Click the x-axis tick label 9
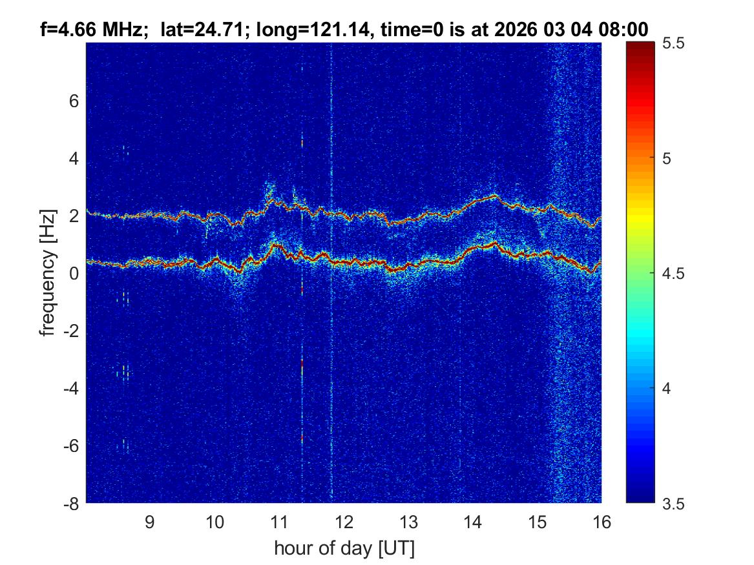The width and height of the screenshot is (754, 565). click(149, 522)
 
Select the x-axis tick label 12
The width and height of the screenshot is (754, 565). click(343, 522)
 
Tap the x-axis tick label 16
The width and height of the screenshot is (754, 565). click(602, 522)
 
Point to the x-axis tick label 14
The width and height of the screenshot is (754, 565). click(472, 522)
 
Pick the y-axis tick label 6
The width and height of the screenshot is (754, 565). click(74, 101)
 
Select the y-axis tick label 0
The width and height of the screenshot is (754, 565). click(74, 274)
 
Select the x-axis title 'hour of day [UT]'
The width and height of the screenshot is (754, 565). click(344, 549)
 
